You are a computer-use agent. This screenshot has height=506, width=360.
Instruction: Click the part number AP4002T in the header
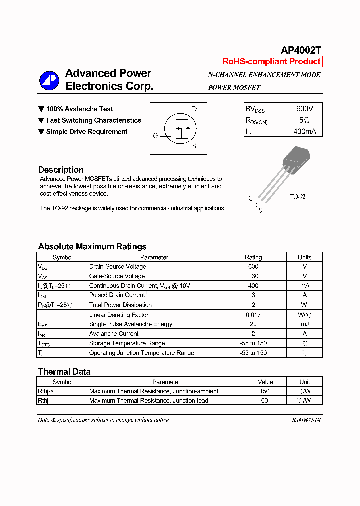(x=301, y=50)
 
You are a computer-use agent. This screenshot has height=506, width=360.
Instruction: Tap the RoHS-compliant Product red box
(x=271, y=62)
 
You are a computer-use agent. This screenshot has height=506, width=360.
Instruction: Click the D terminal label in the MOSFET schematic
(x=194, y=109)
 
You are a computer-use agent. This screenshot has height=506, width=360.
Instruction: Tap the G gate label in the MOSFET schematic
(x=155, y=135)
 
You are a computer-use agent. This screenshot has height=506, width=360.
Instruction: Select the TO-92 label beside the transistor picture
(x=298, y=197)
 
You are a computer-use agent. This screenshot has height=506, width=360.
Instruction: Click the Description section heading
(x=61, y=170)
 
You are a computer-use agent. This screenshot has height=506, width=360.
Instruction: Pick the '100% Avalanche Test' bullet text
(x=79, y=109)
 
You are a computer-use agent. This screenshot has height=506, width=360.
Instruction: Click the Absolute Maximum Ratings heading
(x=92, y=246)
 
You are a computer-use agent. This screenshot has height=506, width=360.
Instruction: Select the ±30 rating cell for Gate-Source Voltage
(x=253, y=276)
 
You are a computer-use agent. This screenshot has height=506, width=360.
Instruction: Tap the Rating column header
(x=253, y=257)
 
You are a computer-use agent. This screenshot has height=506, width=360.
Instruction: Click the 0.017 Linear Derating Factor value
(x=253, y=315)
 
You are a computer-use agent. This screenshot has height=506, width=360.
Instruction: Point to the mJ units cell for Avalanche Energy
(x=304, y=324)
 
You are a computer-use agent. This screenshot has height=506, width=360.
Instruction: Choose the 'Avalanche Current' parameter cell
(x=114, y=334)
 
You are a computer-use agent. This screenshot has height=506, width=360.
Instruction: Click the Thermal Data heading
(x=64, y=371)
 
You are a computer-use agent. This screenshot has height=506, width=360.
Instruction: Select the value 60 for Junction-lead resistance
(x=265, y=401)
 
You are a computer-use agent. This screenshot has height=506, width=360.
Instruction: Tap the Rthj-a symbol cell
(x=46, y=391)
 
